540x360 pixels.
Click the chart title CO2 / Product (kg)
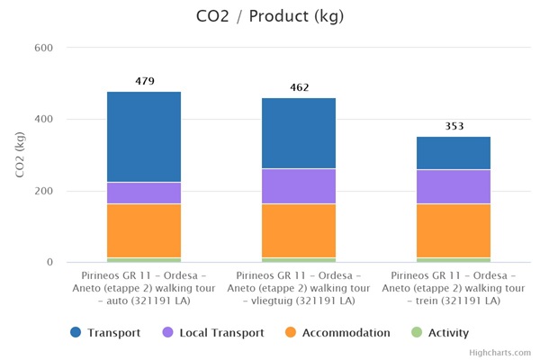point(269,16)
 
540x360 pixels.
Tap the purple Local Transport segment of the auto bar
point(144,193)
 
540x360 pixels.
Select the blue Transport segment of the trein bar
point(454,153)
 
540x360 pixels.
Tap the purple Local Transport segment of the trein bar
point(454,186)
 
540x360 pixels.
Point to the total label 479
point(144,81)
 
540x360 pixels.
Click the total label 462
point(299,87)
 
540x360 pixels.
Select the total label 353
point(454,126)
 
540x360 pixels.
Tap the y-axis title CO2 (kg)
point(20,155)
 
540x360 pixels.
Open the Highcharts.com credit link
point(500,353)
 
